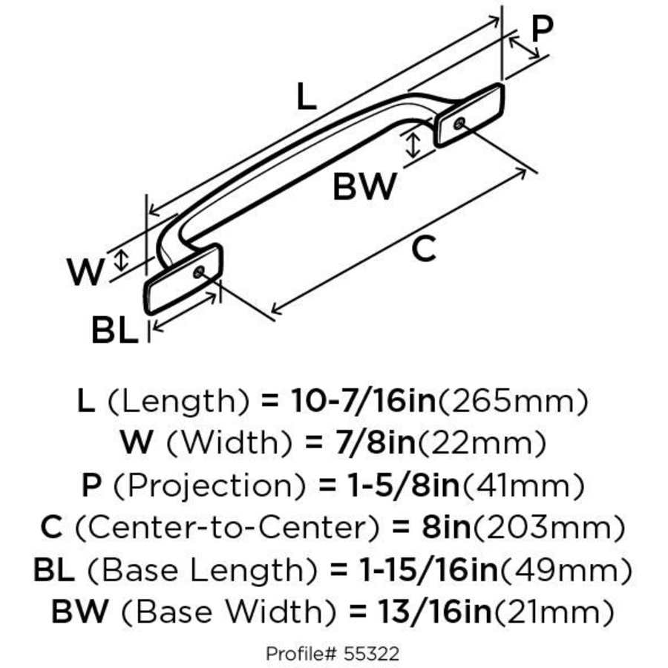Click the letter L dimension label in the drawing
(x=307, y=96)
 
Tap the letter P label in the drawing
(x=543, y=29)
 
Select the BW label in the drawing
(x=364, y=188)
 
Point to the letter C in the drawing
(x=423, y=250)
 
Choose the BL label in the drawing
(x=115, y=331)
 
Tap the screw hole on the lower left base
(x=198, y=272)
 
